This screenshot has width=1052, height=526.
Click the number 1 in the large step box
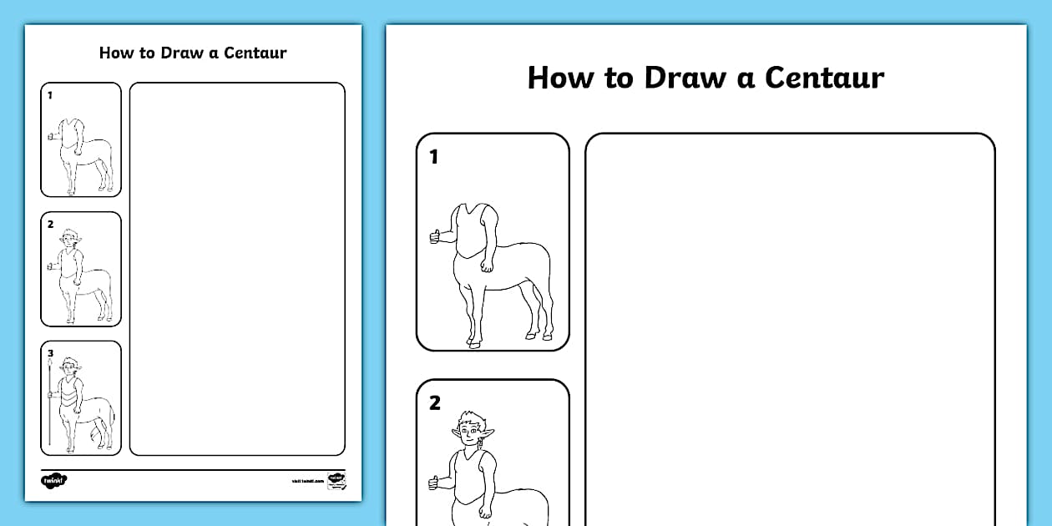click(x=433, y=156)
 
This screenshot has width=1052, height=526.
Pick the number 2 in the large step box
click(x=434, y=403)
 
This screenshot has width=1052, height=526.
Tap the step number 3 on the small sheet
click(x=50, y=353)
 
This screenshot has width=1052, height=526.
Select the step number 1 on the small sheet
click(x=49, y=95)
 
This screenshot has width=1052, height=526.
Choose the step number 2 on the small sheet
click(x=50, y=225)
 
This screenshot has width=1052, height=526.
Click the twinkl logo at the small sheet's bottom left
click(x=53, y=480)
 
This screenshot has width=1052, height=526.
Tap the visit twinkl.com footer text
click(x=307, y=482)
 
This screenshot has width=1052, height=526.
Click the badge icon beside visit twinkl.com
click(x=336, y=480)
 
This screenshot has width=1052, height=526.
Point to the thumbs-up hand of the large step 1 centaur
click(x=435, y=236)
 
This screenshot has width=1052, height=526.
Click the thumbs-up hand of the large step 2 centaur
click(x=434, y=482)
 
